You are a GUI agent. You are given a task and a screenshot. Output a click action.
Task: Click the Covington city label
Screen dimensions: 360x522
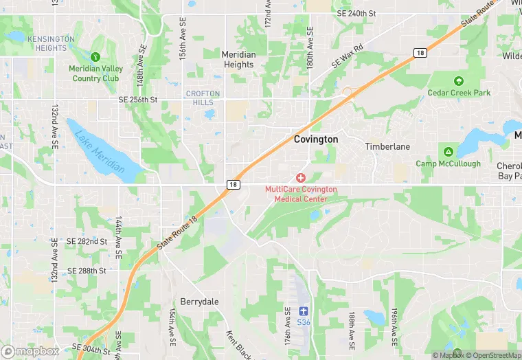coord(316,139)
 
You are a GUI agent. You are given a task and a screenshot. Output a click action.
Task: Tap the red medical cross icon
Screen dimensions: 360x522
coord(301,178)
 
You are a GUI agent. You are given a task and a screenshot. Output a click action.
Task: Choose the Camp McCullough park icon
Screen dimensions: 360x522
coord(448,151)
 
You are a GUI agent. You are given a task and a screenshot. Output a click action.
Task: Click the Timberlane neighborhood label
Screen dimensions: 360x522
coord(387,146)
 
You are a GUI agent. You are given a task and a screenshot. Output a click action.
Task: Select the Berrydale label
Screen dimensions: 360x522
coord(198,301)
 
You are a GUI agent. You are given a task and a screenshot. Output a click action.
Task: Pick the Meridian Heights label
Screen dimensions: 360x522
coord(238,60)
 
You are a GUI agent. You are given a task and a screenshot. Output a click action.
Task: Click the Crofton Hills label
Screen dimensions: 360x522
coord(203,98)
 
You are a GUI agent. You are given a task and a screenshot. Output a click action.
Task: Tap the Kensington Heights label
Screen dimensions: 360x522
coord(51,43)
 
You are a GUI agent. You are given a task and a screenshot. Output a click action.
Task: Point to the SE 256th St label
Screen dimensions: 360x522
coord(137,100)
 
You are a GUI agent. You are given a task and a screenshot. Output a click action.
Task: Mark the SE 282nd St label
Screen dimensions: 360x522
coord(87,242)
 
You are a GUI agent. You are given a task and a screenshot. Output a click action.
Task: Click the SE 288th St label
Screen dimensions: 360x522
coord(87,271)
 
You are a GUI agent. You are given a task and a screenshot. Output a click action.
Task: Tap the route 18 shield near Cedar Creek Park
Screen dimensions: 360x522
coord(420,52)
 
